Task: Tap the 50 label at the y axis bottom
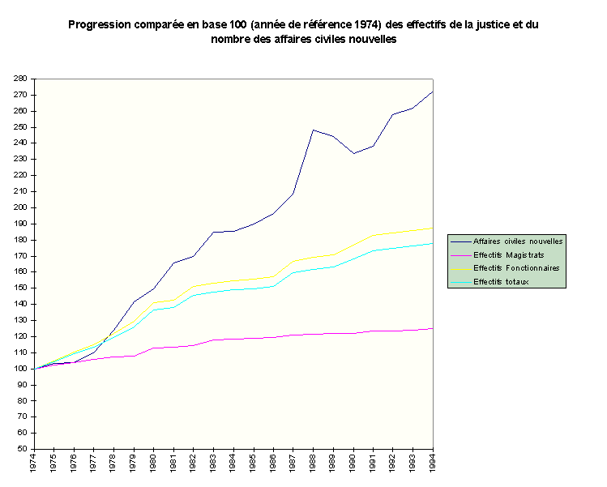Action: [23, 449]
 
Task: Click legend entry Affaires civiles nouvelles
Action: [518, 241]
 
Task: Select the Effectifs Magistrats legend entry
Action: [508, 254]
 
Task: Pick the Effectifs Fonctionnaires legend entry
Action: [516, 267]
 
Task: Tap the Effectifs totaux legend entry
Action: [500, 281]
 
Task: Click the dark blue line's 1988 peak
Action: [313, 130]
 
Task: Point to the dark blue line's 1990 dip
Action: [353, 153]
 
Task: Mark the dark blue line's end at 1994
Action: [432, 92]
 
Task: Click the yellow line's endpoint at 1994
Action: [432, 229]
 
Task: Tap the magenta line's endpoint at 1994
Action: [432, 328]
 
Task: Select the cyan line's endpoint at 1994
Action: [432, 243]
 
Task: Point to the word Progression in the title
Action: [100, 24]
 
